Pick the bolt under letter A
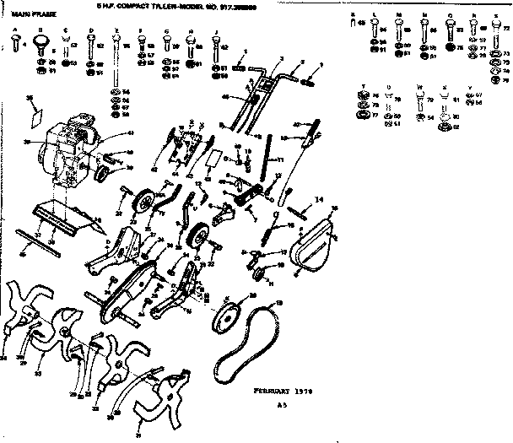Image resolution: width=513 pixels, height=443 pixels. click(16, 44)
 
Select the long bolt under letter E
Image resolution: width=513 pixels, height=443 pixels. click(115, 59)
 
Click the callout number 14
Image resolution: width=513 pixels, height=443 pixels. click(317, 199)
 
